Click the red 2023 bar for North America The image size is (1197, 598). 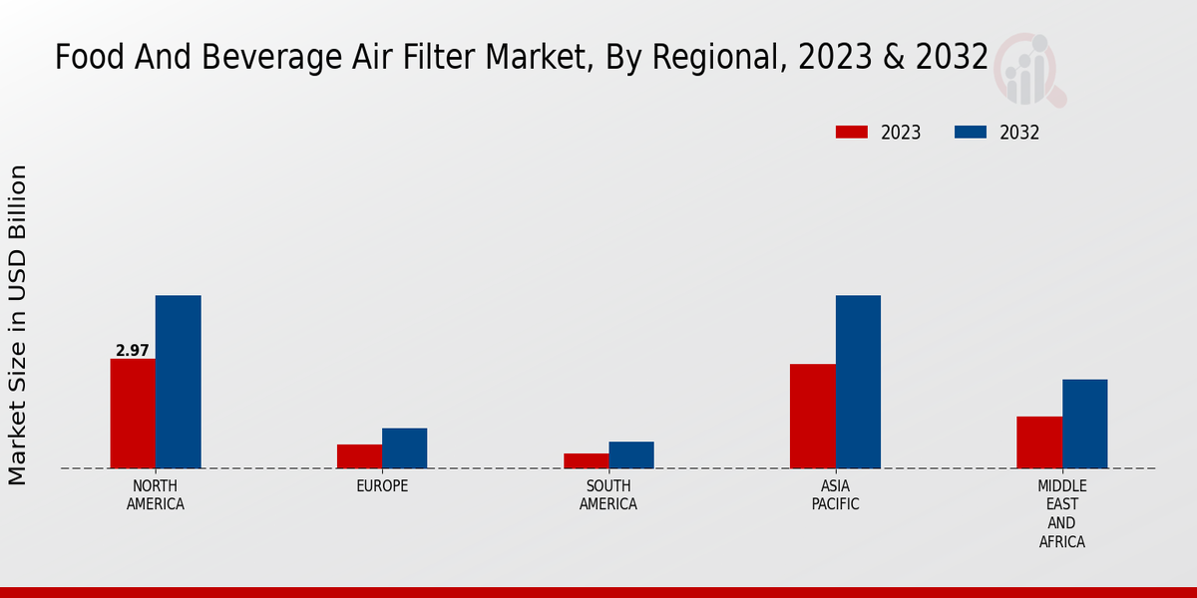[x=133, y=414]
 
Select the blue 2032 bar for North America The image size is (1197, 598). [x=178, y=382]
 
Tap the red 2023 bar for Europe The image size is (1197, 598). [x=359, y=456]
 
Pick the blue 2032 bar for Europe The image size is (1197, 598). [x=404, y=448]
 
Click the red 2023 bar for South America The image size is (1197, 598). [x=586, y=460]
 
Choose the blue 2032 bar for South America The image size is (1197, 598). [x=631, y=454]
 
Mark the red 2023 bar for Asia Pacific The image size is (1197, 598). [x=812, y=416]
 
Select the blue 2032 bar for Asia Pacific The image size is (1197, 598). [x=858, y=382]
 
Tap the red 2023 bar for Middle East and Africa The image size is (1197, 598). [x=1039, y=442]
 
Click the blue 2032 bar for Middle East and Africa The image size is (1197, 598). [x=1084, y=424]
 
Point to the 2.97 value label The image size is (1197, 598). [x=133, y=351]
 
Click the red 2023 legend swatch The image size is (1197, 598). [x=852, y=133]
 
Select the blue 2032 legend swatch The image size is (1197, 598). [x=971, y=133]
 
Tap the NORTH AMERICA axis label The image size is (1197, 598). [x=156, y=495]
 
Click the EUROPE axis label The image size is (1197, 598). [x=382, y=486]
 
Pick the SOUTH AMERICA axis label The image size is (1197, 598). [x=608, y=495]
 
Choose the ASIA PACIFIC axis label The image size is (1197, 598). [x=835, y=495]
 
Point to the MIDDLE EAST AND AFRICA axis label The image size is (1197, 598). [x=1061, y=514]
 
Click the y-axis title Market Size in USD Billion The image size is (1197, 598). [x=18, y=326]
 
